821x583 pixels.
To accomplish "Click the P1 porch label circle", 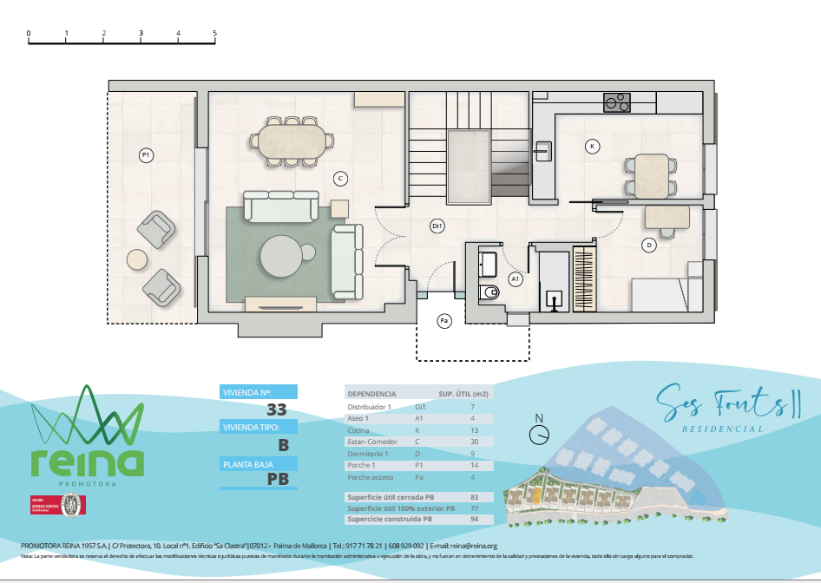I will pyautogui.click(x=147, y=155).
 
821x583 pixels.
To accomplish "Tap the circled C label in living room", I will pyautogui.click(x=341, y=179).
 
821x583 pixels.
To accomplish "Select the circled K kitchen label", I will pyautogui.click(x=592, y=146).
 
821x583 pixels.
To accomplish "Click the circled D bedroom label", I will pyautogui.click(x=648, y=246).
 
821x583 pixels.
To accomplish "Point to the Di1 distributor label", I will pyautogui.click(x=437, y=226).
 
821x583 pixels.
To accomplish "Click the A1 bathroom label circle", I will pyautogui.click(x=516, y=279).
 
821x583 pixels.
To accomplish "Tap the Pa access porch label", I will pyautogui.click(x=444, y=322).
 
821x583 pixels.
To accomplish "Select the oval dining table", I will pyautogui.click(x=291, y=140).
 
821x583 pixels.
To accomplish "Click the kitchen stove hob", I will pyautogui.click(x=617, y=102).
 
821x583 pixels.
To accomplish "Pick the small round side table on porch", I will pyautogui.click(x=138, y=259).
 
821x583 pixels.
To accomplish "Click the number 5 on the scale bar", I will pyautogui.click(x=214, y=33).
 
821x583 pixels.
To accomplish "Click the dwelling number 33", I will pyautogui.click(x=277, y=410).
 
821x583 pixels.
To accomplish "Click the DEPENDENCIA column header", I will pyautogui.click(x=371, y=393).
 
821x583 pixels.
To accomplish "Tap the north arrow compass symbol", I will pyautogui.click(x=540, y=431).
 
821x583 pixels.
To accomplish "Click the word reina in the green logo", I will pyautogui.click(x=87, y=462).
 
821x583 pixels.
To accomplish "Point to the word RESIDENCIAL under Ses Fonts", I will pyautogui.click(x=723, y=429).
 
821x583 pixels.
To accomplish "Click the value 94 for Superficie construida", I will pyautogui.click(x=474, y=520).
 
